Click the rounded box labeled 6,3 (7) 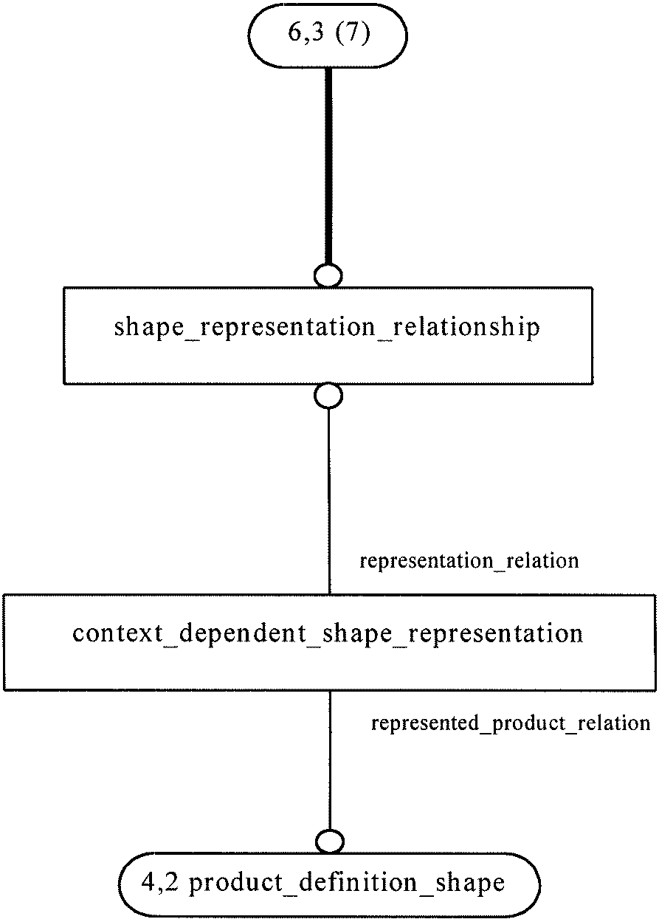pos(327,35)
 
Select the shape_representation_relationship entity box pos(328,335)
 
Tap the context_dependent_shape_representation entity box pos(329,642)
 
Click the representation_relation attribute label pos(469,561)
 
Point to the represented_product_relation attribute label pos(511,723)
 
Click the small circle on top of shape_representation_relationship pos(328,275)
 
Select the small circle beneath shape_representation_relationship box pos(328,396)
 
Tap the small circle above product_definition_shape pos(330,841)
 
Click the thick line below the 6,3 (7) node pos(328,166)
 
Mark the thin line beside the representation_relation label pos(329,501)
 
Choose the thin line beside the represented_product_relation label pos(330,760)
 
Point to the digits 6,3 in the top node pos(306,32)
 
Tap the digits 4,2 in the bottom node pos(160,881)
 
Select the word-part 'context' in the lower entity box pos(117,633)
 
